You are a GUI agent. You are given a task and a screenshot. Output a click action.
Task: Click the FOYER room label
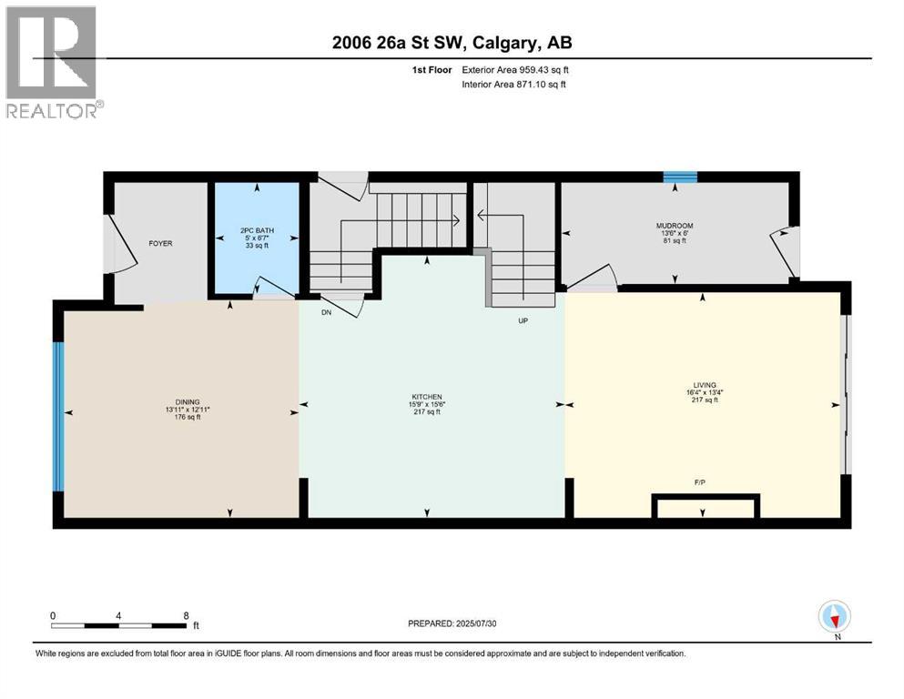[161, 243]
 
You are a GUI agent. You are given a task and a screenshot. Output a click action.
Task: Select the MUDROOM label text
[675, 226]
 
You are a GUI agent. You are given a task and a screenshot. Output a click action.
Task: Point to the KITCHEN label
[426, 397]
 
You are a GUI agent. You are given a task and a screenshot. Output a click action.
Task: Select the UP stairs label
[523, 320]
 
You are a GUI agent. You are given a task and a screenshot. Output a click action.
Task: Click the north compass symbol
[834, 617]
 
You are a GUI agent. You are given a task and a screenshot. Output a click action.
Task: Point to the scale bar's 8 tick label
[187, 615]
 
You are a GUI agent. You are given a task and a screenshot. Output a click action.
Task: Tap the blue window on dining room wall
[58, 416]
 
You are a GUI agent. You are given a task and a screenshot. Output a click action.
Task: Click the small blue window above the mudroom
[679, 177]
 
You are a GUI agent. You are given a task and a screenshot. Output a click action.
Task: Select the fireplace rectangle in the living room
[706, 507]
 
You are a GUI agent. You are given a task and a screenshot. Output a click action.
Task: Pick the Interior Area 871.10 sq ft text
[514, 85]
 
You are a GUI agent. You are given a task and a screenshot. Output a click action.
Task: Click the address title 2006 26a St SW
[452, 42]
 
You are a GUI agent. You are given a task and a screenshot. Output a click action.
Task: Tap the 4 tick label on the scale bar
[119, 615]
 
